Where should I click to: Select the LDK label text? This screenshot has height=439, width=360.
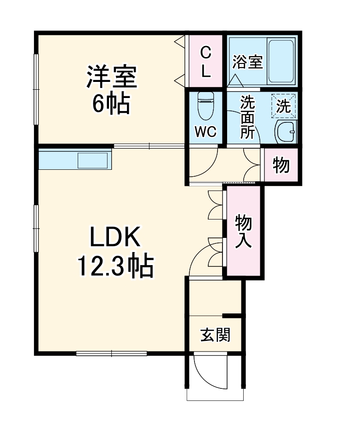[x=114, y=238]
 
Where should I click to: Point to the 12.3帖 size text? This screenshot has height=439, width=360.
[x=114, y=266]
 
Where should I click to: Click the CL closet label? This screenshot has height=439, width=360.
[x=206, y=62]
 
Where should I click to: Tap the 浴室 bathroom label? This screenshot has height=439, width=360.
[x=247, y=62]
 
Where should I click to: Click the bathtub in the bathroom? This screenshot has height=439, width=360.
[x=281, y=61]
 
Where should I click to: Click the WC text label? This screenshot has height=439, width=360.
[x=205, y=132]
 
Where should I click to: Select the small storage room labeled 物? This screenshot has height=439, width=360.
[x=281, y=165]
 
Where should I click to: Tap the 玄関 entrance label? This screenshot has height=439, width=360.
[x=215, y=336]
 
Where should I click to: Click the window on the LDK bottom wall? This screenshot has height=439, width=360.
[x=111, y=353]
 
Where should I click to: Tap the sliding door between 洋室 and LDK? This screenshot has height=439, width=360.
[x=149, y=146]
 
